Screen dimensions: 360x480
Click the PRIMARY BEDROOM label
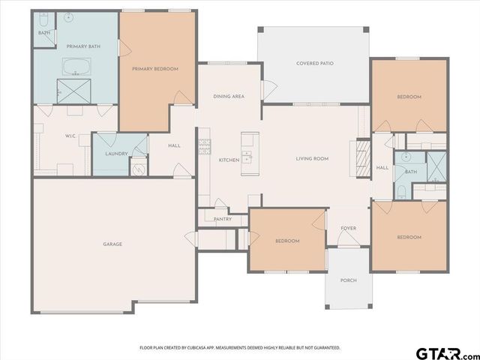point(155,69)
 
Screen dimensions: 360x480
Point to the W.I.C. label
point(70,136)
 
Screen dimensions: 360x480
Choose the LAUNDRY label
point(116,154)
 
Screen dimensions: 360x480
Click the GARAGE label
point(112,244)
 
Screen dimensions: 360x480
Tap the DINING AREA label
point(229,97)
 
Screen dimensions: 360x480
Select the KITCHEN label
point(229,160)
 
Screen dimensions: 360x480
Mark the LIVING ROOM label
point(312,158)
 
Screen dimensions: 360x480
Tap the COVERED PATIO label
point(314,64)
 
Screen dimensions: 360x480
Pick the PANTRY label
point(222,219)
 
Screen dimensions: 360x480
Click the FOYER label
point(348,228)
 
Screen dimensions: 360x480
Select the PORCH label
point(348,280)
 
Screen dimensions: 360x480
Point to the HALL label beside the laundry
point(174,145)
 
